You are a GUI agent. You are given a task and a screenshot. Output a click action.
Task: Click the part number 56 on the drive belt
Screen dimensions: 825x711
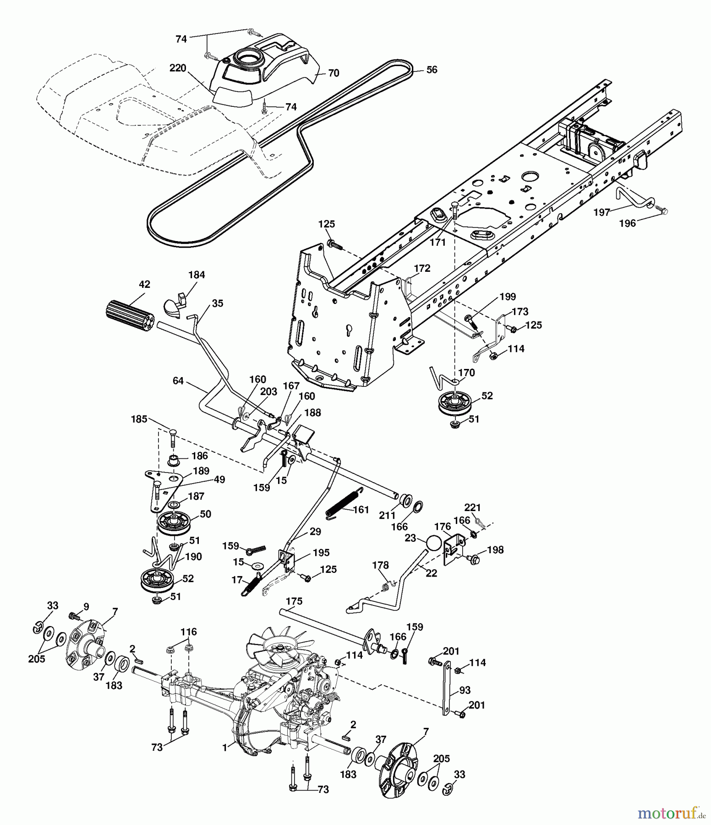click(432, 70)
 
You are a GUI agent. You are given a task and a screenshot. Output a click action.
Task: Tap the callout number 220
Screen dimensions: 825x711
click(178, 68)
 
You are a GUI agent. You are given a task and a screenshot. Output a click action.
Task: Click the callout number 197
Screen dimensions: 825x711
click(602, 212)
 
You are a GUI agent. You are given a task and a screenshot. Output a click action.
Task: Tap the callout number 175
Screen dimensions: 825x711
click(294, 601)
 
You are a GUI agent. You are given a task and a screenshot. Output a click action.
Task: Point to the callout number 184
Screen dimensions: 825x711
click(197, 275)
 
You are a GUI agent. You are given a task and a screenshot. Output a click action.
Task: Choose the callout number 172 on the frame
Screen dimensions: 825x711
click(422, 268)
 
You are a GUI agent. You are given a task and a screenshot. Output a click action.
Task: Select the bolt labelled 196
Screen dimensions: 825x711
click(663, 210)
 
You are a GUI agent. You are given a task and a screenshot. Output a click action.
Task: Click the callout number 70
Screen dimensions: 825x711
click(334, 73)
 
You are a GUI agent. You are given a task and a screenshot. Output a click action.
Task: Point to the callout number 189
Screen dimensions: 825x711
click(201, 471)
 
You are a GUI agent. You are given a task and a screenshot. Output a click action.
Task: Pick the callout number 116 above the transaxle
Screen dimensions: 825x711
click(188, 632)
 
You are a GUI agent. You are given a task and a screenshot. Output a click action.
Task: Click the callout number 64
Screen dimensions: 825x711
click(178, 380)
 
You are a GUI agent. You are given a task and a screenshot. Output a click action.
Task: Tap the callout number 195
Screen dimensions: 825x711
click(322, 553)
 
